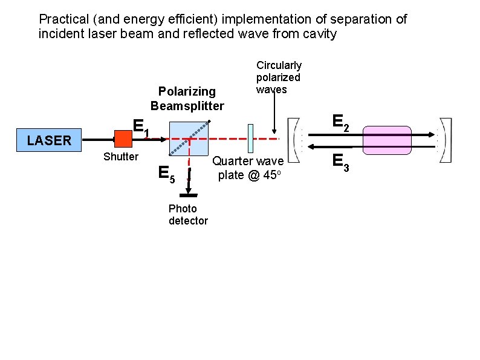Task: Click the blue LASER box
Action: click(49, 140)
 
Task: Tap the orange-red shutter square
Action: click(123, 139)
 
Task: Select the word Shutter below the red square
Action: click(121, 157)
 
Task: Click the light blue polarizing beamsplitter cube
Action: click(189, 139)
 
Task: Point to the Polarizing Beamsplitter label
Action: click(187, 99)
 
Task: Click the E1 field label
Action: click(140, 128)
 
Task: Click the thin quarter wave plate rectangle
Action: click(250, 139)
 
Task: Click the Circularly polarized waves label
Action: click(279, 77)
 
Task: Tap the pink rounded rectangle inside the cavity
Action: click(387, 140)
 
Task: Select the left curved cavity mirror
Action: click(294, 140)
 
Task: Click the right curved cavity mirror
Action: click(444, 140)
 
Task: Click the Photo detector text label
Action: click(188, 215)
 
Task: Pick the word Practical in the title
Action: click(63, 19)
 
